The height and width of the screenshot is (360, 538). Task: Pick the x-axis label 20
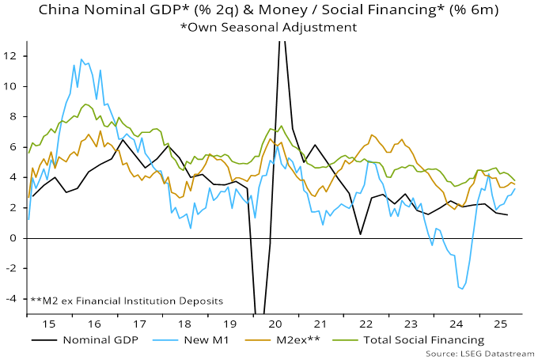pos(276,324)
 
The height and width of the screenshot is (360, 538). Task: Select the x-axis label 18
pos(184,324)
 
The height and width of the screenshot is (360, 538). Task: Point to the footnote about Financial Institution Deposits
pos(127,301)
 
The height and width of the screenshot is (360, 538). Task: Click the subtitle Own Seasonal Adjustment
pos(269,26)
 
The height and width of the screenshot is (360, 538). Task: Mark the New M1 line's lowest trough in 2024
pos(461,289)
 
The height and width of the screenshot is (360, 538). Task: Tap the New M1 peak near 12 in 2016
pos(81,59)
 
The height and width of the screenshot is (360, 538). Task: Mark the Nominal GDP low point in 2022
pos(361,234)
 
